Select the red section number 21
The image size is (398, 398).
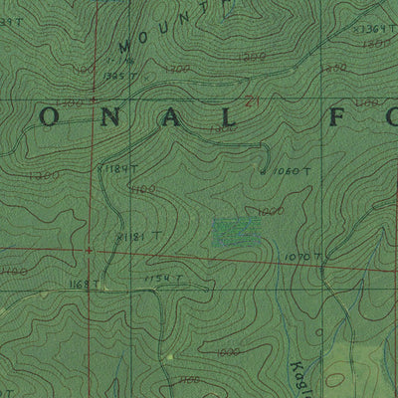click(x=253, y=99)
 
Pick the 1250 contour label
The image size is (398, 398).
click(x=335, y=67)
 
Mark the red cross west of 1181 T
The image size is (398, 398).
click(x=90, y=250)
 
